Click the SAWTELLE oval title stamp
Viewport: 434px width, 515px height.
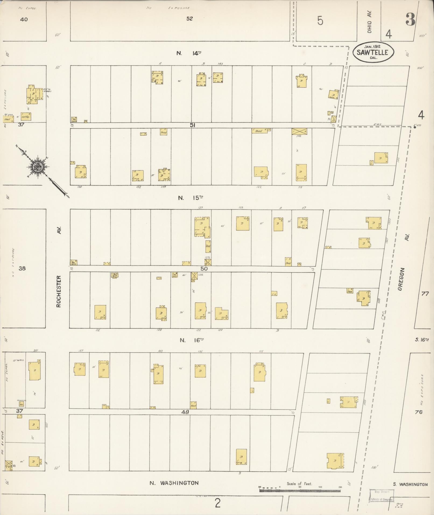coord(373,52)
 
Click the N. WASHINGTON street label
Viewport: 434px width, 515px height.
coord(174,483)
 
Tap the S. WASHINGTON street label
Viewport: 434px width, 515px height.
coord(410,484)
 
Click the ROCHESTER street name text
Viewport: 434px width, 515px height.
coord(59,291)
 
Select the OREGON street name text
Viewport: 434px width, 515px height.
coord(400,279)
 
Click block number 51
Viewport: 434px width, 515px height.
coord(192,125)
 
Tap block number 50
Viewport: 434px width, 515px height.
coord(204,269)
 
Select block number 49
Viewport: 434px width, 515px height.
coord(185,412)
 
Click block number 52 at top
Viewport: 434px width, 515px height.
coord(190,19)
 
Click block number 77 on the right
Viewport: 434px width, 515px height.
coord(425,294)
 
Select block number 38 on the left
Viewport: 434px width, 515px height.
coord(22,268)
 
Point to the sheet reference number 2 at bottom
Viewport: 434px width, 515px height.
coord(218,503)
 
